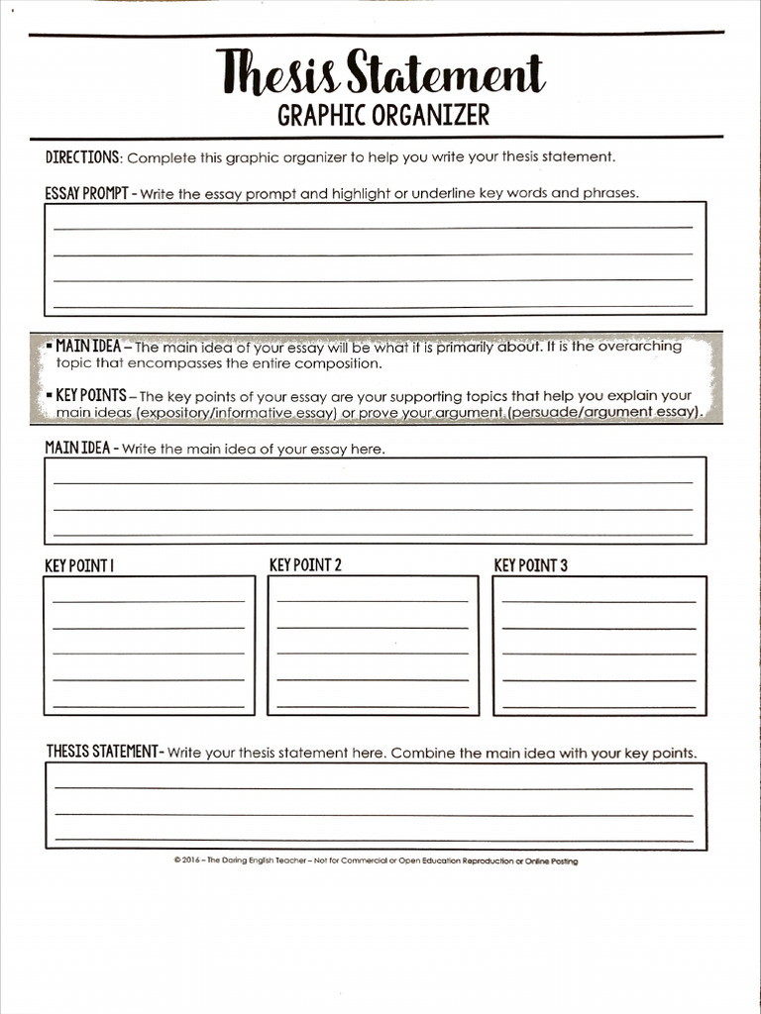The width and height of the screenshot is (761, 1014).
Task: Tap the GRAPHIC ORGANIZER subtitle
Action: (x=382, y=116)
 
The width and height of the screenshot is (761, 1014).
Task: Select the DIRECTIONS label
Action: (x=83, y=157)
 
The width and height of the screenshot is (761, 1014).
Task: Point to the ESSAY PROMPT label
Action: (x=86, y=193)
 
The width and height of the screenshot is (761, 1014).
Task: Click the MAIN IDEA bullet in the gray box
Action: (x=87, y=347)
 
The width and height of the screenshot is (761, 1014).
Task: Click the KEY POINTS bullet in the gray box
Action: (x=90, y=395)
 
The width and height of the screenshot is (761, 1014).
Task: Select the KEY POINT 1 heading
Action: (x=79, y=566)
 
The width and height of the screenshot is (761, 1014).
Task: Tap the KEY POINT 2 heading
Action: (x=305, y=565)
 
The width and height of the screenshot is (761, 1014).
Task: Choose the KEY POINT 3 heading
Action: (x=530, y=566)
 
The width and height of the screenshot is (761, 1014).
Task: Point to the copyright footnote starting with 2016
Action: (x=375, y=861)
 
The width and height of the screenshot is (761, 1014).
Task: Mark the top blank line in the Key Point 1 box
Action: (x=149, y=601)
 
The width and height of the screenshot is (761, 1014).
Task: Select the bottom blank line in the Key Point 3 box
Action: (x=599, y=706)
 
